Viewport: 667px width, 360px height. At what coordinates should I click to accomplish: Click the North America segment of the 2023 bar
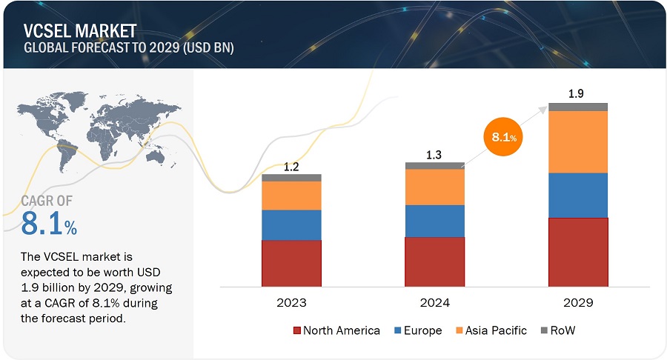point(291,262)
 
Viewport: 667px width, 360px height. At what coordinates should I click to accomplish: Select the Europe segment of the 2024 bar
point(434,221)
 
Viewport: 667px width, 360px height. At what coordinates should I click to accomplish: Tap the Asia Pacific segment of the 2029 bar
point(578,141)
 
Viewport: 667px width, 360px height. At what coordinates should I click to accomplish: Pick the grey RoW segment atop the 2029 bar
point(578,107)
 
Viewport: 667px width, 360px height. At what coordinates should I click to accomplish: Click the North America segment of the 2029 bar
point(578,251)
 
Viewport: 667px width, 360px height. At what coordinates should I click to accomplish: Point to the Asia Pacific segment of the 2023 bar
point(291,196)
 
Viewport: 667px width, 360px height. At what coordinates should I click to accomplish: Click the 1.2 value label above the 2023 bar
point(291,167)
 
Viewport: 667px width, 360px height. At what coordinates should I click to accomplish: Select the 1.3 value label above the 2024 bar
point(435,154)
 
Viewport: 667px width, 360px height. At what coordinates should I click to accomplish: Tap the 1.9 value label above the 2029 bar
point(578,94)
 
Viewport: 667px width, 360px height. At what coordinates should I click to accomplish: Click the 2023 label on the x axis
point(291,302)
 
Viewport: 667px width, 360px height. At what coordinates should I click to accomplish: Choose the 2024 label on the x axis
point(434,302)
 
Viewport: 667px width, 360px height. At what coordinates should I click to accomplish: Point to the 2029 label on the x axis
point(578,302)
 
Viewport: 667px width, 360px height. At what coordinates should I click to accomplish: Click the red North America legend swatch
point(298,330)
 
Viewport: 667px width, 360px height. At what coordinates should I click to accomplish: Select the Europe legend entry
point(419,330)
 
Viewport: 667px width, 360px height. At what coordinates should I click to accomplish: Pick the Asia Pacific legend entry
point(490,330)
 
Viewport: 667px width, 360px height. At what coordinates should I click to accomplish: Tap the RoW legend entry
point(556,330)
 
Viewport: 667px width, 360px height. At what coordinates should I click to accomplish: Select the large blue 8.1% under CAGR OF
point(48,223)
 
